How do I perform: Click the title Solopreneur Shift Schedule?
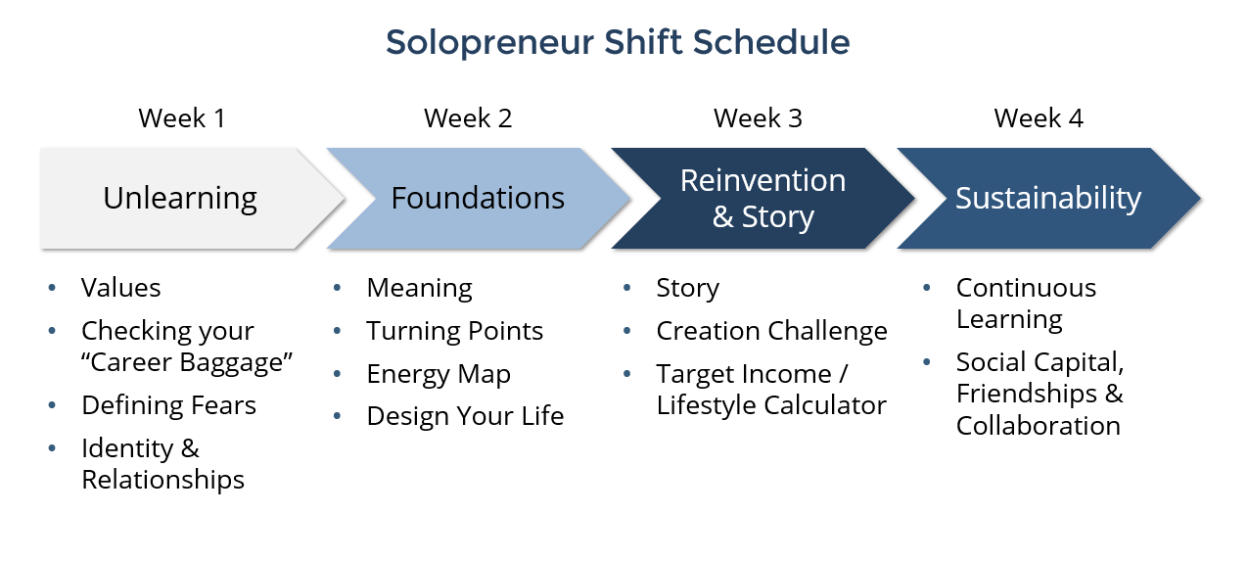click(x=618, y=43)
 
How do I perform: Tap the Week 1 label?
click(x=182, y=118)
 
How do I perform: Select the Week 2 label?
click(x=468, y=118)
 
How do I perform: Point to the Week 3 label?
click(x=758, y=118)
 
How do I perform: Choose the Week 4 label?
click(x=1039, y=118)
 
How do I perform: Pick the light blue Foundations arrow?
click(x=478, y=199)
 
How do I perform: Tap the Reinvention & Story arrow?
click(x=763, y=199)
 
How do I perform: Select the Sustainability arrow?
click(x=1048, y=199)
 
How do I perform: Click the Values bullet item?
click(x=121, y=288)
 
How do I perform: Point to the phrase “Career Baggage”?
click(x=187, y=362)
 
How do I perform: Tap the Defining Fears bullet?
click(x=168, y=405)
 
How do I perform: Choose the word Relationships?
click(x=162, y=480)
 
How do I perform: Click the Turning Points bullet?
click(x=454, y=331)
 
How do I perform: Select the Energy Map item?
click(x=439, y=374)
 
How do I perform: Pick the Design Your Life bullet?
click(x=465, y=417)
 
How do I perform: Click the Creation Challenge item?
click(x=771, y=331)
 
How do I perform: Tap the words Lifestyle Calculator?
click(x=771, y=405)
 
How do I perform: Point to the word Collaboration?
click(x=1038, y=426)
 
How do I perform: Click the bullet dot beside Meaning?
click(x=337, y=288)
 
